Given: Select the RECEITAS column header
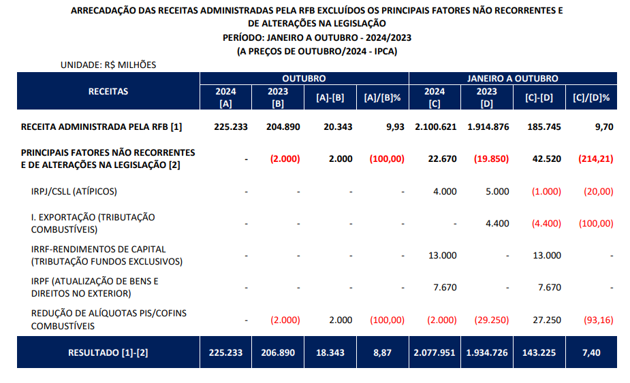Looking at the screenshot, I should click(x=108, y=91).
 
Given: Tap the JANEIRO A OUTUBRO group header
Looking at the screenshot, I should click(x=513, y=79).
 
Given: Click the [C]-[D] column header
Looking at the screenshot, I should click(x=539, y=98).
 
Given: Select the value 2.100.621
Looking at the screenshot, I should click(x=435, y=127).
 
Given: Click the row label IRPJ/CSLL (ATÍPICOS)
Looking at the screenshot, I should click(x=74, y=191).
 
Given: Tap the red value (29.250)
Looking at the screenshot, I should click(x=486, y=319).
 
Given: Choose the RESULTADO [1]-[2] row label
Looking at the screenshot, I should click(x=108, y=353).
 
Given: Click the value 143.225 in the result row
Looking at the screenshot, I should click(x=539, y=353).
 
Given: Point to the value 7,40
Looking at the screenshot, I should click(x=591, y=353).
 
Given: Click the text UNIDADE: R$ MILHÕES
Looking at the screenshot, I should click(x=108, y=65).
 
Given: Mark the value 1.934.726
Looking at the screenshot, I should click(x=486, y=353).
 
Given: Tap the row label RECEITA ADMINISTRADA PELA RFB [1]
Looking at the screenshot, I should click(x=101, y=127).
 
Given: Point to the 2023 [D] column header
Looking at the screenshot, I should click(x=486, y=98).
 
